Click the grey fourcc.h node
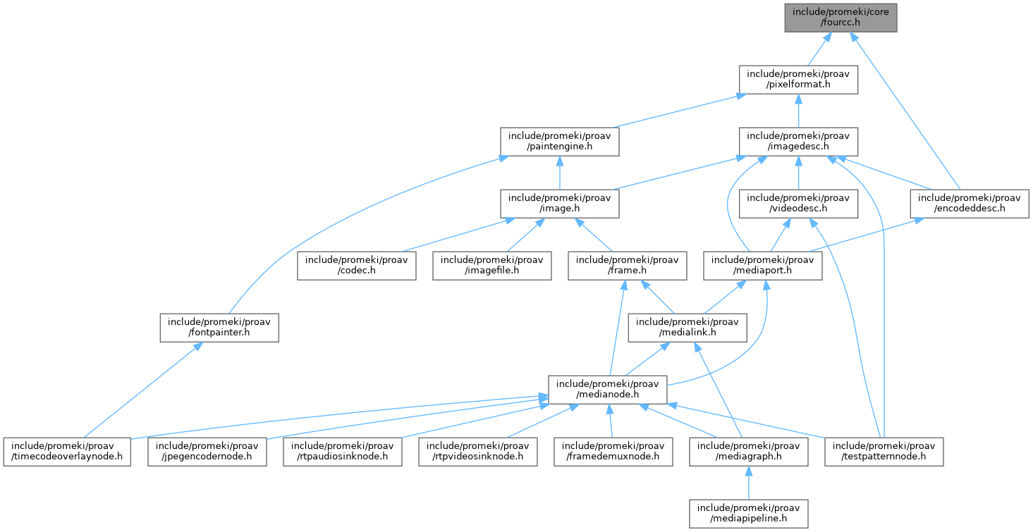pyautogui.click(x=841, y=18)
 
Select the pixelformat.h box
pyautogui.click(x=798, y=79)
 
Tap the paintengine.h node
pyautogui.click(x=560, y=142)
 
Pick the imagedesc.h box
pyautogui.click(x=798, y=142)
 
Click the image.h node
pyautogui.click(x=560, y=204)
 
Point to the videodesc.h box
pyautogui.click(x=798, y=204)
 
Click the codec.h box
pyautogui.click(x=356, y=266)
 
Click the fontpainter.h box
pyautogui.click(x=219, y=328)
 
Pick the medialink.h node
pyautogui.click(x=688, y=328)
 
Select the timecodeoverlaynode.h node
pyautogui.click(x=68, y=452)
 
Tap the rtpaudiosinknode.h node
pyautogui.click(x=343, y=452)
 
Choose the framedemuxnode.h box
pyautogui.click(x=611, y=452)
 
